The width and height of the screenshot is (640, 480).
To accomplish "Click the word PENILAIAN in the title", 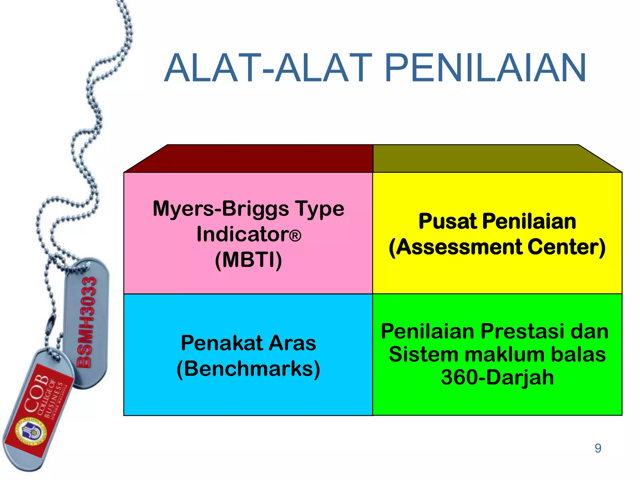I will point(485,68).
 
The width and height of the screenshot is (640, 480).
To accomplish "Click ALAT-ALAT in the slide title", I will point(268,68).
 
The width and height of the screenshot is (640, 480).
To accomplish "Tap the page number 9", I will point(598,448).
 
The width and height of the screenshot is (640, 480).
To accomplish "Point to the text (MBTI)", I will point(248,260).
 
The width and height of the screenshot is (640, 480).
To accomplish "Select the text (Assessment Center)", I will point(497,247).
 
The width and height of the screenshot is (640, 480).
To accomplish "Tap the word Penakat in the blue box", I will point(222,343).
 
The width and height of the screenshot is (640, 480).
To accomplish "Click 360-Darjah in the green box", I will point(497,377).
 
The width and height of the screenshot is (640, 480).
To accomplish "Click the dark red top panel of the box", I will point(250,159).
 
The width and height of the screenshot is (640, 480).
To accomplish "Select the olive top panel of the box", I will point(497,159).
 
